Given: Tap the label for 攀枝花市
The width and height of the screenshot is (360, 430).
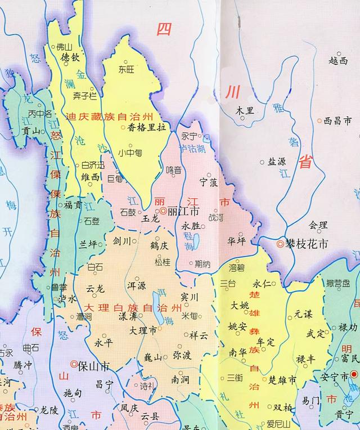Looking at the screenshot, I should [308, 245].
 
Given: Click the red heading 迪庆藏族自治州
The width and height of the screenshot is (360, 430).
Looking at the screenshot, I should [109, 117].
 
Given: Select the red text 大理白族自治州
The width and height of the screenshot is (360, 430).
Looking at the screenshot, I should [133, 308].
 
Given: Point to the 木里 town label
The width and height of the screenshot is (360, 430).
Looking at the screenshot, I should [245, 110].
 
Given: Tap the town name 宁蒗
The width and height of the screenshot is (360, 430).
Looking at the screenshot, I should [209, 182].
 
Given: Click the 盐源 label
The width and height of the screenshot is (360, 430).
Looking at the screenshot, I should [276, 162].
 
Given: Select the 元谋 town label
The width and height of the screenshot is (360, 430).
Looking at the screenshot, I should [303, 315].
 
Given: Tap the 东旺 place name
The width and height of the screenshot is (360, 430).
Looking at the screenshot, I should [127, 69].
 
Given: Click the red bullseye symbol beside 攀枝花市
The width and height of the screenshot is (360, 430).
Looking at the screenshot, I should [280, 245].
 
